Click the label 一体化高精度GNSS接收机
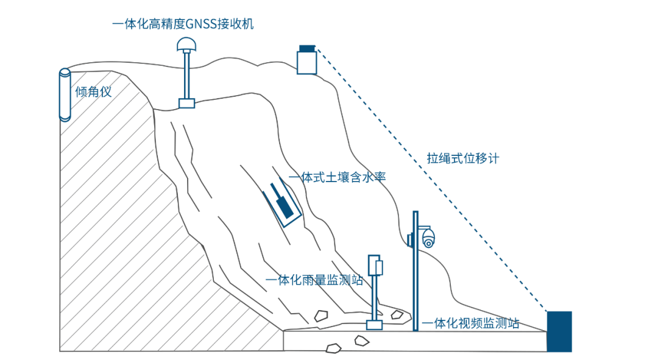[x=182, y=25]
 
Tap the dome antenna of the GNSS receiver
[x=186, y=44]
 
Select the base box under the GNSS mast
[x=186, y=103]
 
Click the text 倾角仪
[x=93, y=93]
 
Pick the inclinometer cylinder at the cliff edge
[x=65, y=94]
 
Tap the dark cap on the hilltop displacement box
[x=307, y=48]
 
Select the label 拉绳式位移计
[x=463, y=158]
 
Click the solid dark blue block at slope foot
[x=559, y=331]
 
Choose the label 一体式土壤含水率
[x=338, y=177]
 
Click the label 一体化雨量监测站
[x=314, y=280]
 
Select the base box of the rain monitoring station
[x=374, y=325]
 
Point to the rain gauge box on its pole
[x=379, y=267]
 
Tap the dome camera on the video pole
[x=429, y=238]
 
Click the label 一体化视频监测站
[x=471, y=323]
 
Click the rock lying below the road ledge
[x=333, y=348]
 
